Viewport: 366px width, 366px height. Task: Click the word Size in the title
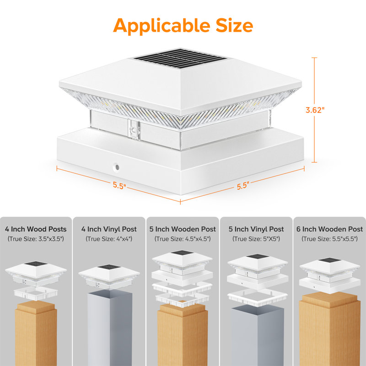234,25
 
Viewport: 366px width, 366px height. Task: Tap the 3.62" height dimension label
315,110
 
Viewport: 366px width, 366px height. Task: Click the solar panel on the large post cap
180,59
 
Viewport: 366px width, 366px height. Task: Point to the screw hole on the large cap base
117,167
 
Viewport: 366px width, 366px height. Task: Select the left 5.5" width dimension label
119,186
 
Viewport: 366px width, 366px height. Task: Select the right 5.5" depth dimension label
243,186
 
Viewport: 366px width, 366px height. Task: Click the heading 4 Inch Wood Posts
36,229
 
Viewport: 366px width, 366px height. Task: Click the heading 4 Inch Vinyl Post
109,229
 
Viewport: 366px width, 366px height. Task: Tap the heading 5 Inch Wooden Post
183,229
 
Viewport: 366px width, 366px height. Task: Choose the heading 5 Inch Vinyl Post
256,229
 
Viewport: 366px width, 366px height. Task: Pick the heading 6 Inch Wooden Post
329,229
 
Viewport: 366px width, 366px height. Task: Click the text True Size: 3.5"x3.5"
36,239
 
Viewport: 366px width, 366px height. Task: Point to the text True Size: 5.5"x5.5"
329,239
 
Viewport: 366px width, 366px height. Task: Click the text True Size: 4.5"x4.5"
183,239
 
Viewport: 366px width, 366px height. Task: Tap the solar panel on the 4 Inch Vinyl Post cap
109,267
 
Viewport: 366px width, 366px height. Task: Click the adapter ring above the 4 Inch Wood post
36,293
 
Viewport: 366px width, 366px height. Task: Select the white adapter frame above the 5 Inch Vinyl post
258,297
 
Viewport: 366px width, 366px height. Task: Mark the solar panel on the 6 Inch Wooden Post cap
329,260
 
